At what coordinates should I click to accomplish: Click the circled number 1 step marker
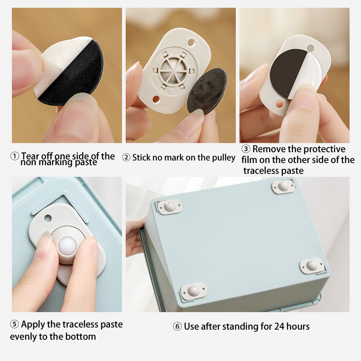click(14, 157)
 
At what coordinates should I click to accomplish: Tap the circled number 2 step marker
click(126, 158)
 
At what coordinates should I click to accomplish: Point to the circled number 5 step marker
click(14, 325)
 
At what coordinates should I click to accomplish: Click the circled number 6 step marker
click(177, 327)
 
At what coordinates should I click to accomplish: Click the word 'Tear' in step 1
click(30, 156)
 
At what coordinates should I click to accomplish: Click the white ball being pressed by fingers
click(67, 246)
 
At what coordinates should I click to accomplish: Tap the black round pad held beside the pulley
click(207, 91)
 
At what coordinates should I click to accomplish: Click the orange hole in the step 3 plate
click(278, 105)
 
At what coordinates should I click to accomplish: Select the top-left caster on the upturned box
click(170, 207)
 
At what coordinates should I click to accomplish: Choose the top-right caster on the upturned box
click(283, 186)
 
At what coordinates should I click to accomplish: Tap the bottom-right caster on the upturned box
click(312, 266)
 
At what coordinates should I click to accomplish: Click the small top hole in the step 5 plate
click(48, 218)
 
